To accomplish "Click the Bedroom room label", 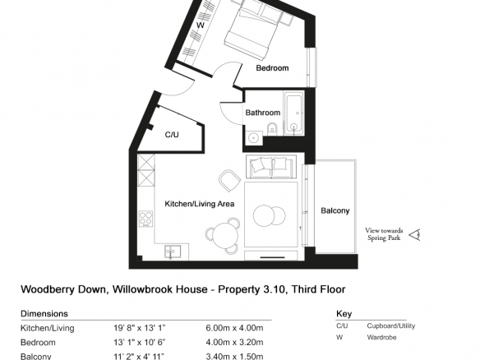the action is (x=272, y=68).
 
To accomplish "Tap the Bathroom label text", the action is (x=263, y=113).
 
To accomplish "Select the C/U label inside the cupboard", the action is (x=172, y=135).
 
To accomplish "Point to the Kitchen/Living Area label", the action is (x=200, y=204).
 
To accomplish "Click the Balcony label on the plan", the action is (x=335, y=210).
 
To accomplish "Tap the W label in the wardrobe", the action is (x=201, y=25).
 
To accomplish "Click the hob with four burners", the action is (x=145, y=219).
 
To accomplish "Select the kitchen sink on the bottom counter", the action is (x=173, y=252).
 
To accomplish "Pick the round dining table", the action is (x=225, y=236).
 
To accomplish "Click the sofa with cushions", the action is (x=271, y=167).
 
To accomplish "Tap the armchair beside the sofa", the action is (x=230, y=181).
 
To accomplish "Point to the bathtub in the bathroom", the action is (x=294, y=113).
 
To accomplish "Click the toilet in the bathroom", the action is (x=272, y=129).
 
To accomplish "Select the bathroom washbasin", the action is (x=254, y=138).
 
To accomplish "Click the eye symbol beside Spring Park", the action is (x=415, y=235).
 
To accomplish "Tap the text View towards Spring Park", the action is (x=384, y=234).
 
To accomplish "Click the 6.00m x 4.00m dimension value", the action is (x=234, y=328).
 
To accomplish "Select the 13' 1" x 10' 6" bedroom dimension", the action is (x=140, y=342).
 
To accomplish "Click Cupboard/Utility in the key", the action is (x=391, y=326).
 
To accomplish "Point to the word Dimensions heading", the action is (x=44, y=314).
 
